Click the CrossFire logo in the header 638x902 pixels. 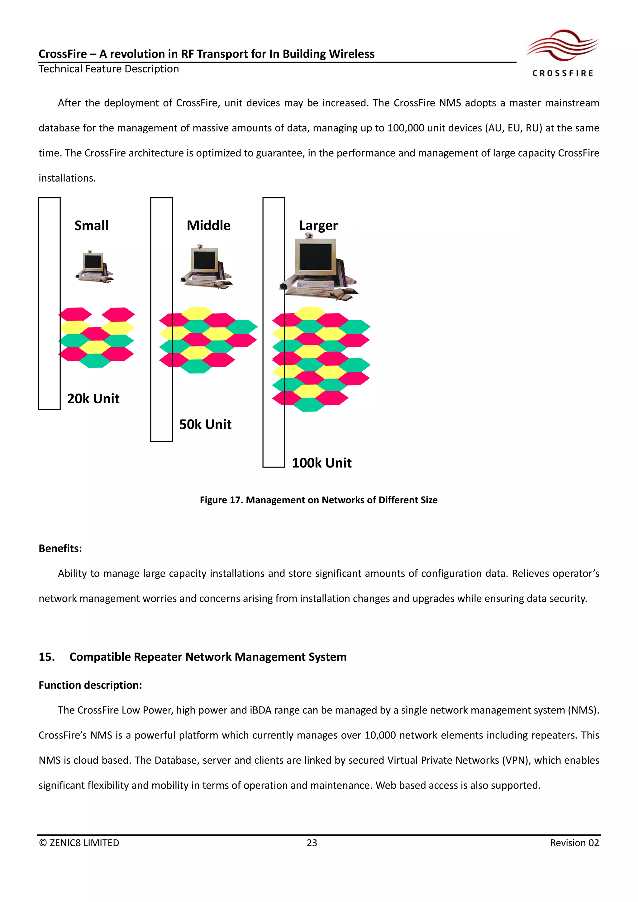click(x=563, y=53)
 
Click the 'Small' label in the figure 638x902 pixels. click(x=92, y=225)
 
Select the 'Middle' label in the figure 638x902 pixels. click(x=209, y=225)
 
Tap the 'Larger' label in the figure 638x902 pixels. click(x=318, y=226)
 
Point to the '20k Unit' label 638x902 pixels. click(x=93, y=399)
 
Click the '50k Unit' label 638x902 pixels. click(x=206, y=424)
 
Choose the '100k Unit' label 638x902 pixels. click(x=322, y=463)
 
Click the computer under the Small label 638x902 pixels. click(x=94, y=266)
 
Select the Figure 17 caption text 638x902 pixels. click(x=319, y=500)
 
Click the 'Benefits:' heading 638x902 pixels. click(x=60, y=548)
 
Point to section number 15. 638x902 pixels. click(x=46, y=657)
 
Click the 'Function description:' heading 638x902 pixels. click(x=90, y=685)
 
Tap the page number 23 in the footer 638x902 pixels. click(x=312, y=843)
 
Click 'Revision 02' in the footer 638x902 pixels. click(x=574, y=843)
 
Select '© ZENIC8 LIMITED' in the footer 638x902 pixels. click(x=79, y=843)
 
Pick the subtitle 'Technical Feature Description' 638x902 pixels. click(x=109, y=69)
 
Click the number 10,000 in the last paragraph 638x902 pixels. click(x=380, y=735)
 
